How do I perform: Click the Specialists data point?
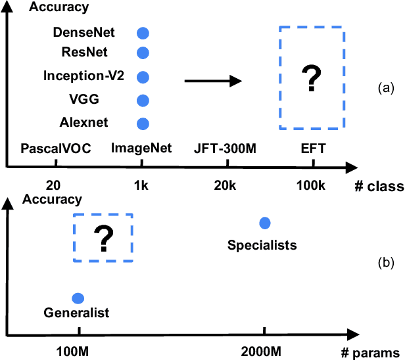coord(264,223)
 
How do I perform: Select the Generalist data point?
coord(78,298)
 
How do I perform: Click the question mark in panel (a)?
coord(311,79)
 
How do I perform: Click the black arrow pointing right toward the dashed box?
coord(211,81)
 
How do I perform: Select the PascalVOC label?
coord(51,148)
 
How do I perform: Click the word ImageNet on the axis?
coord(141,148)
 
